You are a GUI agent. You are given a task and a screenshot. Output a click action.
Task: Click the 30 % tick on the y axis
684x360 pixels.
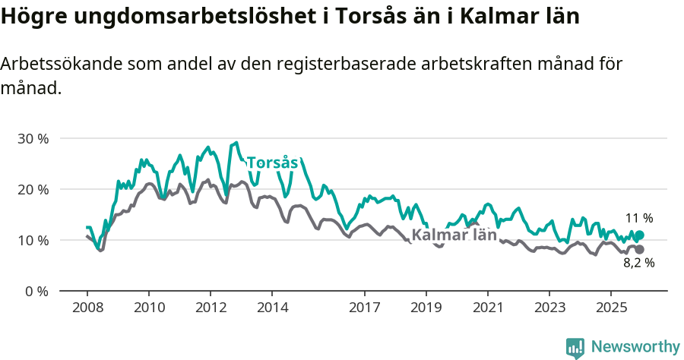(x=33, y=139)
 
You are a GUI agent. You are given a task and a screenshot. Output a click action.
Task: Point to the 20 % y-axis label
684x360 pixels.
(x=33, y=189)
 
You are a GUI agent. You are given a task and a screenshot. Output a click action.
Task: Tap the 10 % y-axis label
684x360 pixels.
(x=33, y=240)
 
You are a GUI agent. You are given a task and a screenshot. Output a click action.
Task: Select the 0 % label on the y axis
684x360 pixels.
(x=36, y=291)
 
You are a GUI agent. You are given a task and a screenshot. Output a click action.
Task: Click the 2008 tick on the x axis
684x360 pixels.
(x=87, y=308)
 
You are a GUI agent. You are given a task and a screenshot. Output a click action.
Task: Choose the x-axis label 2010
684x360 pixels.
(x=149, y=308)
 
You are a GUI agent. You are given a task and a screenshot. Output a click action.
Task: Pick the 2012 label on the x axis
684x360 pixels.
(x=211, y=308)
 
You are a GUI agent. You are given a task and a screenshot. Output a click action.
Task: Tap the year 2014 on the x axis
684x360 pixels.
(x=272, y=308)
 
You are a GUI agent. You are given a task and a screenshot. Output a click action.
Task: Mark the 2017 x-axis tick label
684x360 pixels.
(x=365, y=308)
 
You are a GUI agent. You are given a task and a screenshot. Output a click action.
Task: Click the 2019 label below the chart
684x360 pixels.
(x=426, y=308)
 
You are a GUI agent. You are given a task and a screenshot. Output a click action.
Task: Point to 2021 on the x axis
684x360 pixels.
(x=488, y=308)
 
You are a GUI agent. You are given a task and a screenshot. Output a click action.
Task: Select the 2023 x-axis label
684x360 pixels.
(x=549, y=308)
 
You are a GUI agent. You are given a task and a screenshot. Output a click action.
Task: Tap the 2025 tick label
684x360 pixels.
(x=611, y=308)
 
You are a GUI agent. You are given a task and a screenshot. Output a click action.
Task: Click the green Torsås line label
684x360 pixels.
(x=272, y=163)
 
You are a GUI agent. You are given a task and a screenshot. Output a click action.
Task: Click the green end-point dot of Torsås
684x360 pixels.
(x=639, y=235)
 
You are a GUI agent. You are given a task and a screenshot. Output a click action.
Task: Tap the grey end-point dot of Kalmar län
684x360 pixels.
(x=639, y=250)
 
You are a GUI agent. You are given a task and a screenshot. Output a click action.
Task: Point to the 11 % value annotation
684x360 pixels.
(x=639, y=218)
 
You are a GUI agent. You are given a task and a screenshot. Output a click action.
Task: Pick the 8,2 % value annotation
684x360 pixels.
(x=638, y=264)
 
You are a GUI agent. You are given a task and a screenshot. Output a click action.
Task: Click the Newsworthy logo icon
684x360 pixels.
(x=575, y=348)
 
